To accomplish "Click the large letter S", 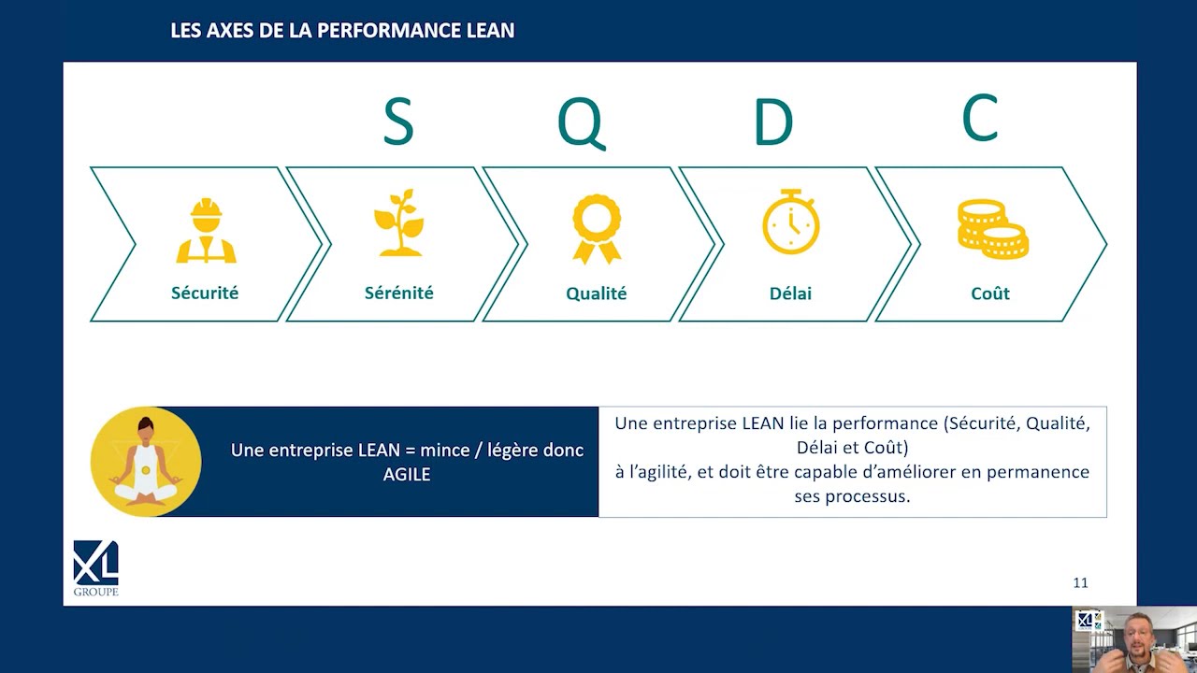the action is (398, 122).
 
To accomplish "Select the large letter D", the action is (773, 122).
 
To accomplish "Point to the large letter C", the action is (979, 118).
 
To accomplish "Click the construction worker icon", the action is (207, 231).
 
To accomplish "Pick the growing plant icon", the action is (399, 222).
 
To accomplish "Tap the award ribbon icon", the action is (597, 229).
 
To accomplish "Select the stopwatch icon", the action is (791, 222).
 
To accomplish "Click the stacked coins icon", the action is (993, 230).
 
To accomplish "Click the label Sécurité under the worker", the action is (205, 293).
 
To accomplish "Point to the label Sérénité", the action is (398, 293).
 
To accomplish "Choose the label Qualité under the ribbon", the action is (596, 294).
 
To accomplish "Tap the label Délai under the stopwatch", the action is (790, 294).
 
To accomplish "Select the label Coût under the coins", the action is (990, 294).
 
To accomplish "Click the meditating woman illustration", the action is (146, 462).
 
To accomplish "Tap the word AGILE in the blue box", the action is (407, 474).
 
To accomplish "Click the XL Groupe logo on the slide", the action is (95, 568).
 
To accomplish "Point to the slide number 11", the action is (1080, 582).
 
